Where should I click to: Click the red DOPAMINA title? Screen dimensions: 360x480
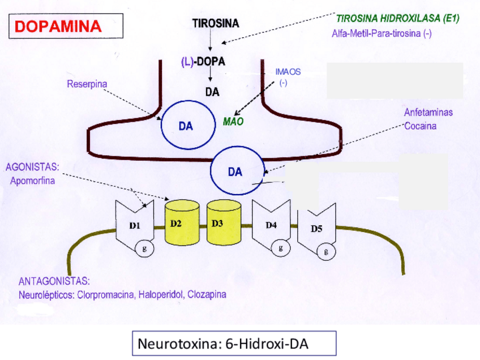tap(58, 26)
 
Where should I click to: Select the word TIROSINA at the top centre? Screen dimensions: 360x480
tap(216, 23)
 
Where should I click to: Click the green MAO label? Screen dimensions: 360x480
tap(233, 121)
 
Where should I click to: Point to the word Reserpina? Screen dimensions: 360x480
tap(87, 84)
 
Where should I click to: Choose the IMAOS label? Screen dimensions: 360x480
tap(288, 72)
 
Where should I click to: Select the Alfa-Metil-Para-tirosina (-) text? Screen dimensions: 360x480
tap(382, 33)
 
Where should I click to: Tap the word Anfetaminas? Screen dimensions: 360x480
tap(428, 113)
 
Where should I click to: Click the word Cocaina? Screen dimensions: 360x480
tap(421, 126)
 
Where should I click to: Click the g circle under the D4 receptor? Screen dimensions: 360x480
tap(281, 247)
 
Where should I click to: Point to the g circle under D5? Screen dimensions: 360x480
tap(326, 252)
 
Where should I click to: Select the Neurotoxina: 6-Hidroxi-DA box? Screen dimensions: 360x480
tap(234, 344)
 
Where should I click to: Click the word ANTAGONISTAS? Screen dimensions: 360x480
tap(54, 281)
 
